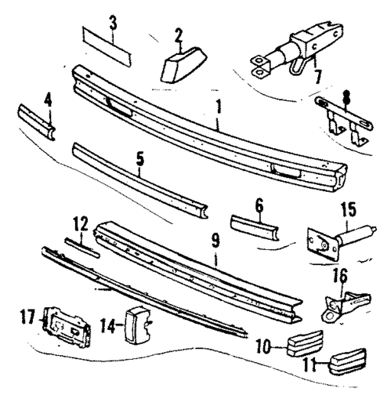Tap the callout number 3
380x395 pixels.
(x=114, y=20)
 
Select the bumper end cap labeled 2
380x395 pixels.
(x=183, y=61)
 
